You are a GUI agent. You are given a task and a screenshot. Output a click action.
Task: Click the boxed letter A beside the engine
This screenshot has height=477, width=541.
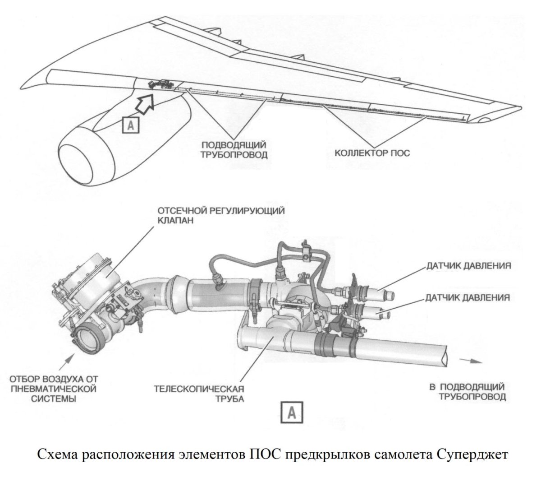tap(131, 125)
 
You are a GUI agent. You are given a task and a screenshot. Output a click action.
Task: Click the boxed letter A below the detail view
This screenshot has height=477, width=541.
tap(293, 412)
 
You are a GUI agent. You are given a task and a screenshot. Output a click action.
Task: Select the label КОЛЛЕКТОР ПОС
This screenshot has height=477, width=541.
tap(372, 153)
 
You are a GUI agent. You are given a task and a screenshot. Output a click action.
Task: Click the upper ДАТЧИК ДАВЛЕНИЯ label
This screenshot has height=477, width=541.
tap(469, 266)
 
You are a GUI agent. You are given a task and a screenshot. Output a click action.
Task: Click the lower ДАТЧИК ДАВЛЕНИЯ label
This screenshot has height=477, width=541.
tap(468, 298)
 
